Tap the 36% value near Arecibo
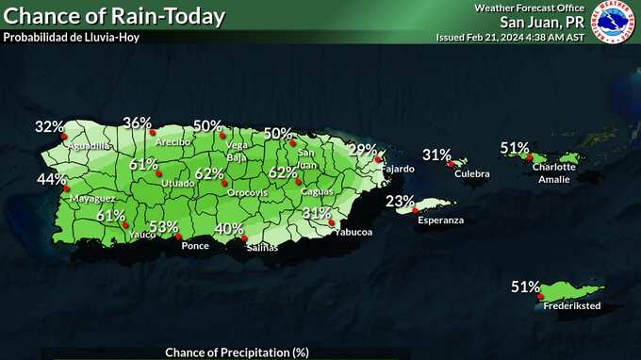(x=138, y=123)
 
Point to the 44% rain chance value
(x=52, y=179)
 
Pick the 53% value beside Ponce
(x=163, y=227)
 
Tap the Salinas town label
(x=262, y=247)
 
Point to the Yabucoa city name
(x=353, y=231)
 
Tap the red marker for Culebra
(x=450, y=164)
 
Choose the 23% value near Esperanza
(x=401, y=201)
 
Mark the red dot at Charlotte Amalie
(x=531, y=157)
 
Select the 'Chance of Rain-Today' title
(x=115, y=16)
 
